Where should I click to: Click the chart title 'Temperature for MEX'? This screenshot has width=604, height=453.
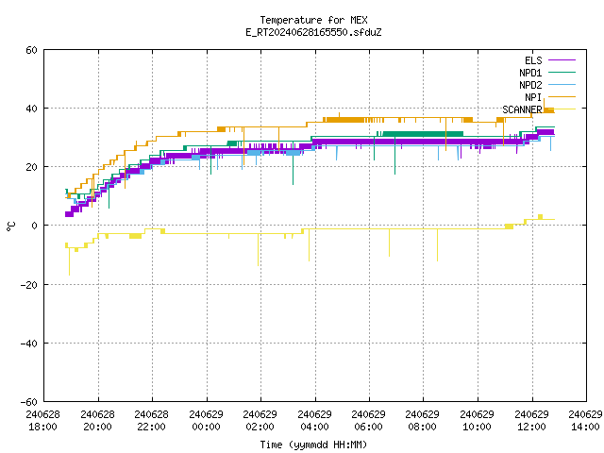(x=313, y=20)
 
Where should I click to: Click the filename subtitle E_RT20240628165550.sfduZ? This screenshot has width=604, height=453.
(x=313, y=32)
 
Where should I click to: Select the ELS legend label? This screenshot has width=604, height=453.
(x=533, y=60)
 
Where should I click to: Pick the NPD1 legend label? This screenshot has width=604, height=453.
(x=530, y=73)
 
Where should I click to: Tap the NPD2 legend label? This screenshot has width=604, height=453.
(x=530, y=85)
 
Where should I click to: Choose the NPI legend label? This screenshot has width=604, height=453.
(x=533, y=97)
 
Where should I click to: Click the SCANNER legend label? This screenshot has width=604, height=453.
(x=522, y=109)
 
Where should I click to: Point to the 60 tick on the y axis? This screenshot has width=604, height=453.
(x=31, y=50)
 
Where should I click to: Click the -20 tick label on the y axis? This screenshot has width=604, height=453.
(x=29, y=285)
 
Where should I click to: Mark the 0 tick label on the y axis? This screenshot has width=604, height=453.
(x=35, y=226)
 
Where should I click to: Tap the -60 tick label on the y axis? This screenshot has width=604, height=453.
(x=29, y=402)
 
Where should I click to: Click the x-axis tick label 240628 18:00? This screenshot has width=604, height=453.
(x=43, y=421)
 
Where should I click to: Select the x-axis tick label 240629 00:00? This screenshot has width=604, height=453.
(x=207, y=421)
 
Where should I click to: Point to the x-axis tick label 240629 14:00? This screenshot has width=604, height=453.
(x=585, y=421)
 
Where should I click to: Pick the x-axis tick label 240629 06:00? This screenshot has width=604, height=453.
(x=369, y=421)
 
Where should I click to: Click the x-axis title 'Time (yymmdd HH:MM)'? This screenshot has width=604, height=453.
(x=313, y=445)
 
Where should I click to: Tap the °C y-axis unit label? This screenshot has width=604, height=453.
(x=10, y=226)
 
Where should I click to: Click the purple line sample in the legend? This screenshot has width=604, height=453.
(x=562, y=60)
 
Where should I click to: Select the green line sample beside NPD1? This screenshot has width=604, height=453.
(x=562, y=73)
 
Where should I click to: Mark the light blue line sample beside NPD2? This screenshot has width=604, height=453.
(x=562, y=85)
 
